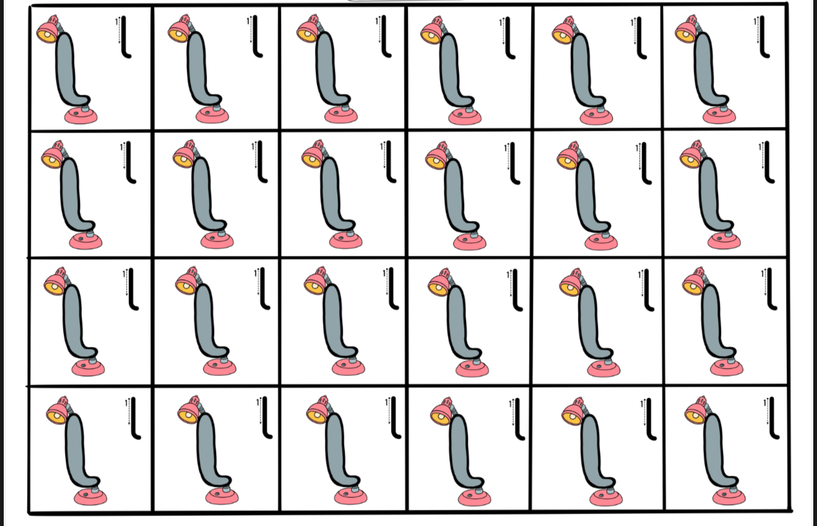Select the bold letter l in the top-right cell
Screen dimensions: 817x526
click(x=764, y=37)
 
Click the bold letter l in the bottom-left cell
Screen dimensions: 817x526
click(x=135, y=418)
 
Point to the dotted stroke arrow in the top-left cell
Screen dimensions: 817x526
click(x=119, y=30)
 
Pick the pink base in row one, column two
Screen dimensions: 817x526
click(x=212, y=116)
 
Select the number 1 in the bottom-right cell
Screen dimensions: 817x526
click(x=764, y=403)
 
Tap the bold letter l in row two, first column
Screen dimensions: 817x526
click(x=130, y=162)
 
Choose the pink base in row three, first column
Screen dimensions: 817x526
click(x=88, y=368)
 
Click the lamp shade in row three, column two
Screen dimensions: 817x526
click(x=188, y=281)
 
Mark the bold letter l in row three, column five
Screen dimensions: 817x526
click(x=648, y=290)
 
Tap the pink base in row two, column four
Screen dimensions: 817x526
click(x=470, y=242)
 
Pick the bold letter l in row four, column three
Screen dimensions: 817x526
click(x=396, y=418)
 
